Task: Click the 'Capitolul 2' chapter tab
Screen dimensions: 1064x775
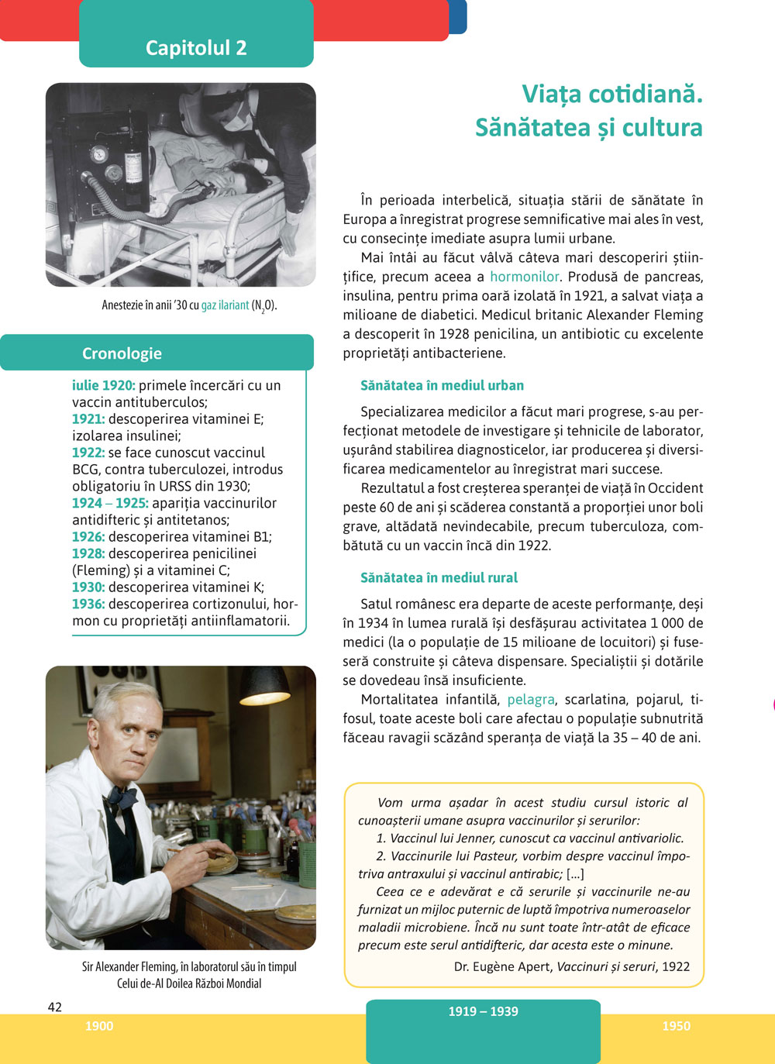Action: coord(196,48)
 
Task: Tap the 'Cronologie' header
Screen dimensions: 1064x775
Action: coord(122,353)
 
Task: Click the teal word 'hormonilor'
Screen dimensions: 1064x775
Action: coord(524,277)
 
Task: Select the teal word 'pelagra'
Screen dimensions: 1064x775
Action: coord(531,700)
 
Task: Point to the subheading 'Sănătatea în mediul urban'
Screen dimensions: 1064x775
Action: coord(442,385)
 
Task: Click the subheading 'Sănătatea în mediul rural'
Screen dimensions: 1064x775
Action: coord(439,577)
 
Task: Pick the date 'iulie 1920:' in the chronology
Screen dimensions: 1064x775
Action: coord(103,385)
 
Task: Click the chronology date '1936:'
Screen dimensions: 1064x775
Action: coord(88,604)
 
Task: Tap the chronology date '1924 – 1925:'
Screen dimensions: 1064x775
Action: coord(110,503)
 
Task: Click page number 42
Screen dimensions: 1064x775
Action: coord(54,1007)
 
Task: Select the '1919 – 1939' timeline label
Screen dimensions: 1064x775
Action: coord(483,1011)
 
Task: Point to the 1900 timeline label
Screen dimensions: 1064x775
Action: coord(99,1026)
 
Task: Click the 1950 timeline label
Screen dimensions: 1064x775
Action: coord(676,1026)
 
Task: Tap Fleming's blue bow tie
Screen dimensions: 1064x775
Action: coord(122,796)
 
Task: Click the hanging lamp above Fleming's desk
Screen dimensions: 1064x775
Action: coord(263,687)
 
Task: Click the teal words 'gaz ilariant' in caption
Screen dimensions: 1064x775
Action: coord(225,305)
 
